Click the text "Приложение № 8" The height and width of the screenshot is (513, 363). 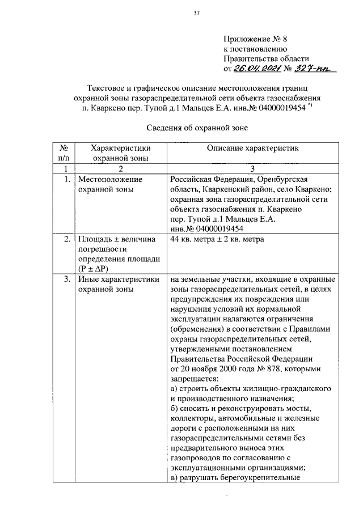click(256, 39)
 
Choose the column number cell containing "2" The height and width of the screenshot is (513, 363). click(119, 169)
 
